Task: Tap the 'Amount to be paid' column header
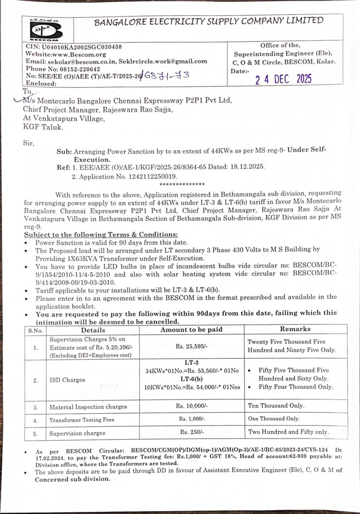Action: [x=191, y=329]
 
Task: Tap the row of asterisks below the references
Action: [x=181, y=184]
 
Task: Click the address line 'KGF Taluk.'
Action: [x=43, y=126]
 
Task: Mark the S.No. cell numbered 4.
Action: [x=36, y=420]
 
